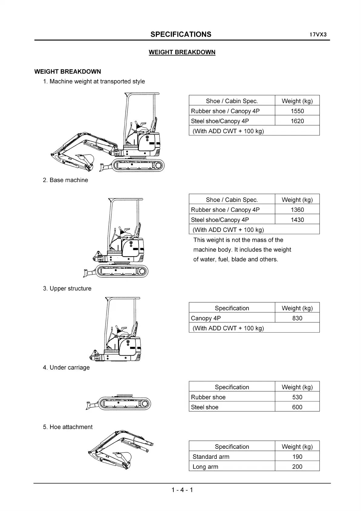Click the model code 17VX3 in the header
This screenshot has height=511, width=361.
318,35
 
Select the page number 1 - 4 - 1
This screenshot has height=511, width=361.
182,489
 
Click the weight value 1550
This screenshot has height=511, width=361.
297,111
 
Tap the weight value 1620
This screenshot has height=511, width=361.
297,121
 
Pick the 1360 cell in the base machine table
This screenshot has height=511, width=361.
297,210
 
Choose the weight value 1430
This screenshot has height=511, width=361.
297,220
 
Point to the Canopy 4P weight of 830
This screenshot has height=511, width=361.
297,318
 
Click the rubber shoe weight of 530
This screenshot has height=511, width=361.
297,397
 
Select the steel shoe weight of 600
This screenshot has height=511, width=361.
297,407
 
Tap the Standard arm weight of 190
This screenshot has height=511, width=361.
297,456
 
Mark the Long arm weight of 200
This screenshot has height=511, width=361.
297,466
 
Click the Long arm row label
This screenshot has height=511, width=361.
205,467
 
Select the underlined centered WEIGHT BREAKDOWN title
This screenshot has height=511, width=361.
182,52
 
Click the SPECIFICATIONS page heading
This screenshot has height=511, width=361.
181,34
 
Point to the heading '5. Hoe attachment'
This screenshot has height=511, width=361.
68,427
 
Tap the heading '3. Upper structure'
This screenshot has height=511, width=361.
67,289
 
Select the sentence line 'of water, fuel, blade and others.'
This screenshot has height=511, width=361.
236,259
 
